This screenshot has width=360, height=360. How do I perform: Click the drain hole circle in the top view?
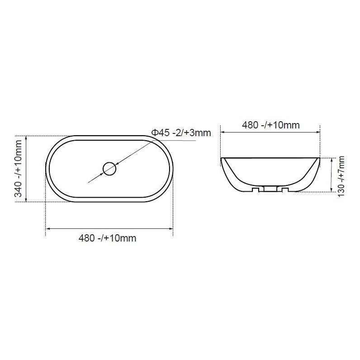(109, 169)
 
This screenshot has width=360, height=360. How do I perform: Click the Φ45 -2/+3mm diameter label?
(181, 133)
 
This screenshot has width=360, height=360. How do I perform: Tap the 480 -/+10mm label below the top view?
(107, 238)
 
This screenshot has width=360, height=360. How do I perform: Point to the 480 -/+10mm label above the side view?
(270, 125)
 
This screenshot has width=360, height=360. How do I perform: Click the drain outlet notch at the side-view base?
(270, 189)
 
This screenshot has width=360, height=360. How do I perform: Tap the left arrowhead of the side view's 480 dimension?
(223, 133)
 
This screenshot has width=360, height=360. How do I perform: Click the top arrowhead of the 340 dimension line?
(27, 138)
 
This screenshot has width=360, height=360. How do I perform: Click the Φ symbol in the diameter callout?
(154, 133)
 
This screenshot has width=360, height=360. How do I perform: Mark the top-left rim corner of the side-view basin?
(222, 158)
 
